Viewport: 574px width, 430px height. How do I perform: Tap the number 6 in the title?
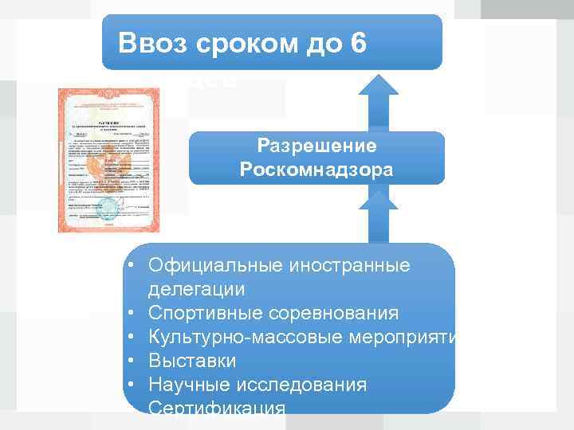pyautogui.click(x=357, y=43)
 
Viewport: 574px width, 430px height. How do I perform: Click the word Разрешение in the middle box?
pyautogui.click(x=316, y=147)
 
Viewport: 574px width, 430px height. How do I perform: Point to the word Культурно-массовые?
pyautogui.click(x=246, y=337)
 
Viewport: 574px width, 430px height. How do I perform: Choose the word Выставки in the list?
pyautogui.click(x=192, y=361)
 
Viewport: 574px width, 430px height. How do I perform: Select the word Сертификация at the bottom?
pyautogui.click(x=216, y=408)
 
